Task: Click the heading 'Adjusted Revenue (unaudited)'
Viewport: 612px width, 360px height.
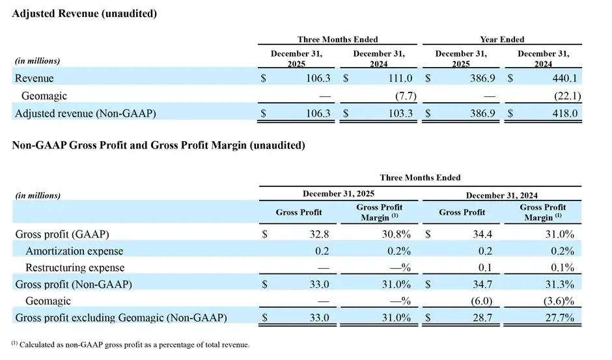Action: pos(84,13)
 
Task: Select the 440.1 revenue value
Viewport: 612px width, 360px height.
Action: pos(564,78)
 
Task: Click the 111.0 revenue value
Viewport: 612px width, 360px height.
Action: pos(400,78)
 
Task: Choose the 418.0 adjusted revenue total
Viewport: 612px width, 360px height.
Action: pos(564,114)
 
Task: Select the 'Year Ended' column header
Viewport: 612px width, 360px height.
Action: pos(502,40)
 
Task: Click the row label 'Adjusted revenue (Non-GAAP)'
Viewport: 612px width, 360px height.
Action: pos(85,114)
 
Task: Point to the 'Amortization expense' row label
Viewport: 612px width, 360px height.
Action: pos(74,251)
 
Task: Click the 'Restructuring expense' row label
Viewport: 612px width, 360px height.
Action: pos(75,268)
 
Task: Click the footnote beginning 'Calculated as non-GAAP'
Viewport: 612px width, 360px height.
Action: pos(130,344)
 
